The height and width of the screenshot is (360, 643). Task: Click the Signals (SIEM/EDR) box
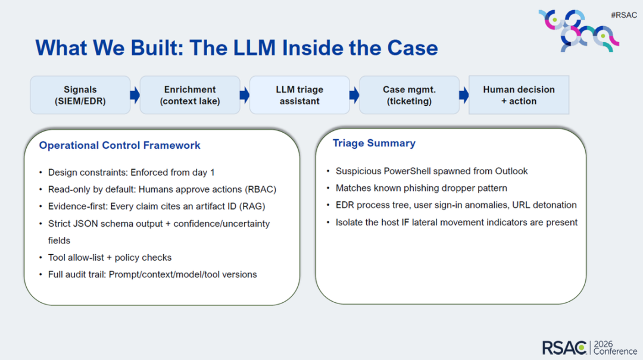click(80, 95)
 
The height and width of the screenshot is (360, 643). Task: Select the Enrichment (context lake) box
click(190, 95)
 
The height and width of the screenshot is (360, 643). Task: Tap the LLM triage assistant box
click(299, 95)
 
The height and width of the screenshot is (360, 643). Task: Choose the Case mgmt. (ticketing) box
click(409, 95)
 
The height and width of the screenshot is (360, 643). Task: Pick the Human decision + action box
click(519, 95)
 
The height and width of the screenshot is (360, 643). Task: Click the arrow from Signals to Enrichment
click(135, 95)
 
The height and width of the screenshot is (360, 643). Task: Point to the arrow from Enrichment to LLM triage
click(245, 95)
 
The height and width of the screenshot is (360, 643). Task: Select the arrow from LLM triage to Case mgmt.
click(354, 95)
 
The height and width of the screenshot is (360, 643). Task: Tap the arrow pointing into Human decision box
click(464, 95)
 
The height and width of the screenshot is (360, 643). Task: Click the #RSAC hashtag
click(624, 15)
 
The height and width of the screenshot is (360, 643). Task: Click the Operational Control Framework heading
click(120, 145)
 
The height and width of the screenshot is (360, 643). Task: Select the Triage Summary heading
click(374, 143)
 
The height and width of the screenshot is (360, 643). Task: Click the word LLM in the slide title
click(255, 48)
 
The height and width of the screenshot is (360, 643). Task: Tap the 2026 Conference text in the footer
click(614, 348)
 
